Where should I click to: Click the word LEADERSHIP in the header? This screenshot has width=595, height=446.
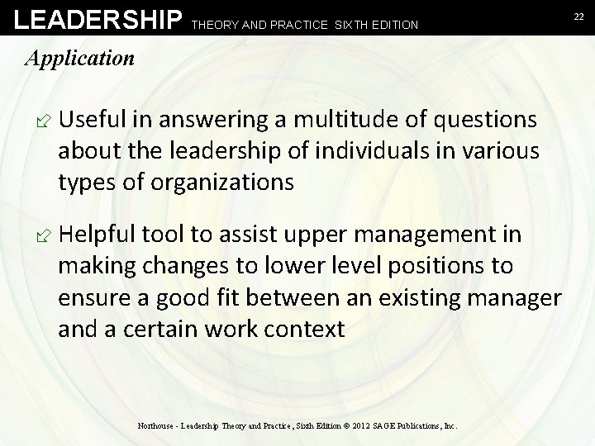click(x=92, y=18)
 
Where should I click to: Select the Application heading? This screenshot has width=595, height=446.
click(x=79, y=58)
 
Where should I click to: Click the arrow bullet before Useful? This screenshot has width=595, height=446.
click(x=36, y=121)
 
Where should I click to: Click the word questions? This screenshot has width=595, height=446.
click(x=478, y=121)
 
